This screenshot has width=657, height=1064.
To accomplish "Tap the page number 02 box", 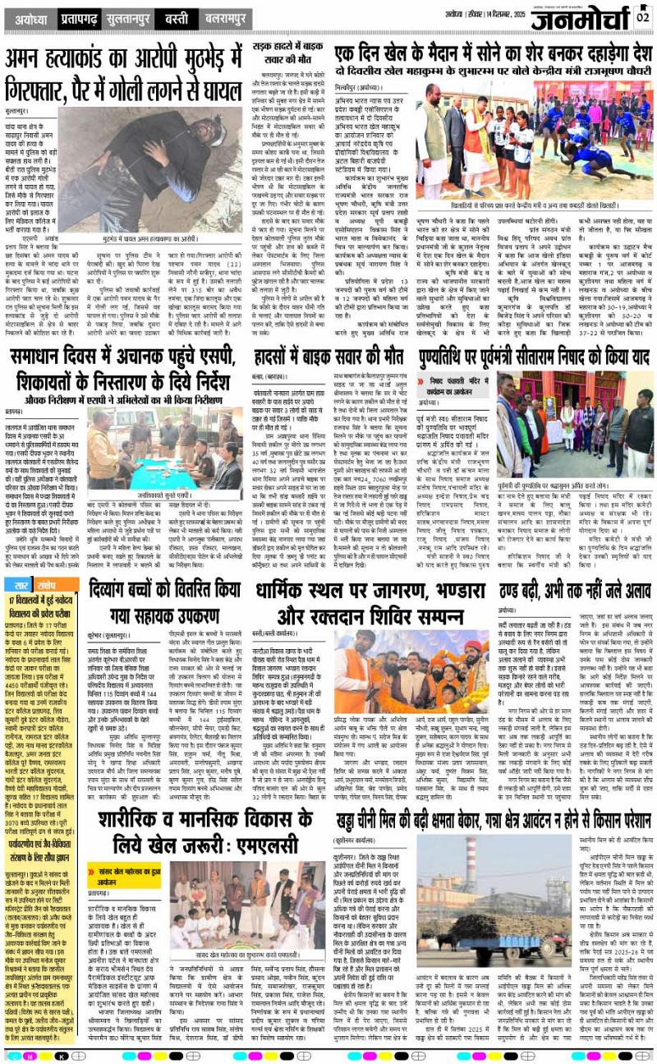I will tap(643, 16).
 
